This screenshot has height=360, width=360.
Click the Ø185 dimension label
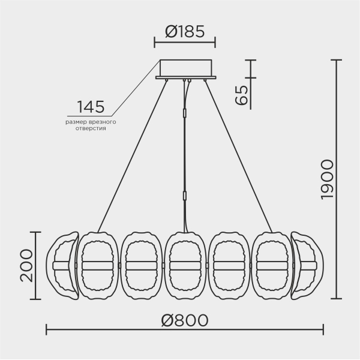point(185,31)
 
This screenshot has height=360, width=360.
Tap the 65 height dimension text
point(241,95)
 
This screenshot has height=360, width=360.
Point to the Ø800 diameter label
point(185,320)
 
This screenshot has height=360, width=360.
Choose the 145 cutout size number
point(90,107)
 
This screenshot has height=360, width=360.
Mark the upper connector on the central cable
point(185,113)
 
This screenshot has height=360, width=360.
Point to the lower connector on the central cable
point(185,195)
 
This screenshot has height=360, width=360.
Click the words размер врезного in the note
point(91,122)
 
